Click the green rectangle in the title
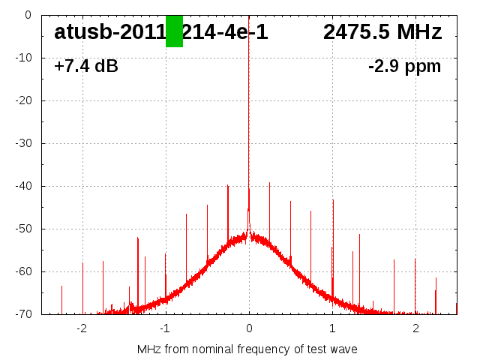click(x=174, y=31)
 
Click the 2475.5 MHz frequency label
click(x=382, y=32)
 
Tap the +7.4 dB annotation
click(x=85, y=67)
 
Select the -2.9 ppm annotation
click(x=404, y=67)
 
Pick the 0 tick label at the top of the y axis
click(x=28, y=15)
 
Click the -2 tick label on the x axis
click(x=82, y=328)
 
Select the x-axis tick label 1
click(x=332, y=328)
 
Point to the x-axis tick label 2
click(x=415, y=328)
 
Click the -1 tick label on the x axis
click(x=165, y=328)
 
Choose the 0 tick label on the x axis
click(x=249, y=328)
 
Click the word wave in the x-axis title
click(x=343, y=349)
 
